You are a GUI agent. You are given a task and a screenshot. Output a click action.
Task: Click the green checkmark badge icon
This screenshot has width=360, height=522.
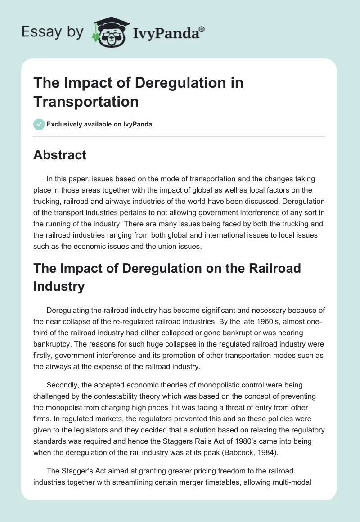(x=39, y=124)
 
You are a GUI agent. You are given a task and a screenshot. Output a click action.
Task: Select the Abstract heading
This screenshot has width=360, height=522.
(x=60, y=155)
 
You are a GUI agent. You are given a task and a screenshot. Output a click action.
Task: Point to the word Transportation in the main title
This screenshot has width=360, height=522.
(x=86, y=102)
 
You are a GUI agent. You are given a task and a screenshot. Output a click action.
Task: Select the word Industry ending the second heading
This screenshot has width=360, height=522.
(x=59, y=286)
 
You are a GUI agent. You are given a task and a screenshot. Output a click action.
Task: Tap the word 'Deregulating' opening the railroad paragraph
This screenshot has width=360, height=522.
(x=69, y=310)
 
